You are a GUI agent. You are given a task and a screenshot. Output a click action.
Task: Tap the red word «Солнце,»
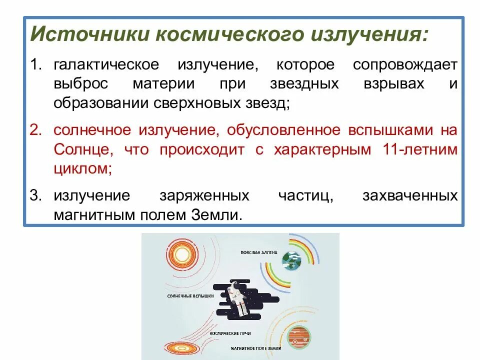pyautogui.click(x=79, y=150)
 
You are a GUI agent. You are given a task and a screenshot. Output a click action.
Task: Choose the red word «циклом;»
pyautogui.click(x=82, y=168)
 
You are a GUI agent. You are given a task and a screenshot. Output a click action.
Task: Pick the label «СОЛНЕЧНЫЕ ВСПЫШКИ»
pyautogui.click(x=190, y=296)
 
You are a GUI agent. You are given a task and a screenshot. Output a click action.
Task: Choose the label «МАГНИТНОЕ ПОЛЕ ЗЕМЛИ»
pyautogui.click(x=256, y=347)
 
